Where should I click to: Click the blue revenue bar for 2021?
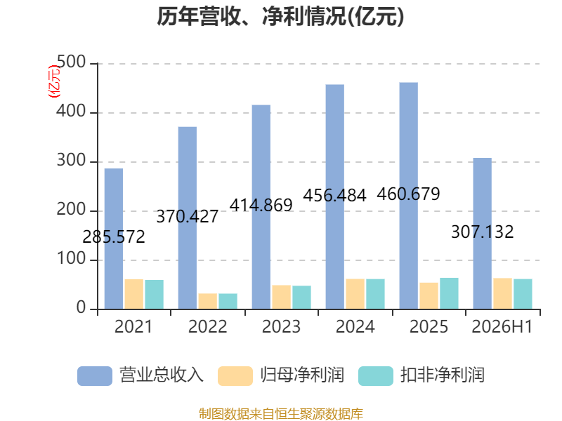point(114,239)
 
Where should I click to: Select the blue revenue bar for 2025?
point(409,196)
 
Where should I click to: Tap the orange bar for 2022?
point(207,301)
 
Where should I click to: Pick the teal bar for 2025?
point(449,293)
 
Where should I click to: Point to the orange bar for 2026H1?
point(502,293)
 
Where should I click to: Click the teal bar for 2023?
point(301,297)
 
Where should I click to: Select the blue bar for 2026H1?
point(483,234)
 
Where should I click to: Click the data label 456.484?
point(334,196)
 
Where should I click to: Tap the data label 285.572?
point(114,236)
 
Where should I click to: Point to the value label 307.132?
point(482,232)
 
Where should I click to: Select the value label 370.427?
point(187,216)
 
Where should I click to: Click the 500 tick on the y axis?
point(72,62)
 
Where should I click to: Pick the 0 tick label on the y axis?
point(81,307)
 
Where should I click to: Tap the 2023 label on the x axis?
point(281,326)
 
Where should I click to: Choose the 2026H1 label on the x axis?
point(502,326)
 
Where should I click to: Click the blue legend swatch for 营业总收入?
point(95,376)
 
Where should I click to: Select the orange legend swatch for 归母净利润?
point(235,376)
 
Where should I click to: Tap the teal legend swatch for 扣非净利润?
point(376,376)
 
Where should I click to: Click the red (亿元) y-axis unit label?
point(54,81)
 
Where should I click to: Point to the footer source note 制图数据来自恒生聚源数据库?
point(281,414)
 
